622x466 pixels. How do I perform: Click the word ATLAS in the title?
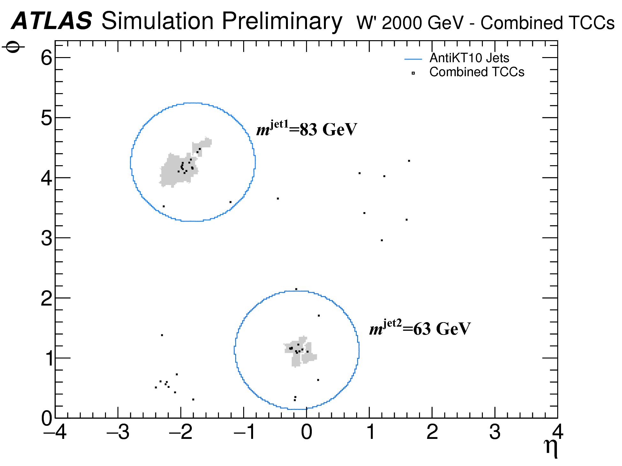(52, 21)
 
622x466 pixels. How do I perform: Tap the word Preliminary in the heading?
(282, 22)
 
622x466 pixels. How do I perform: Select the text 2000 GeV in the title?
(423, 23)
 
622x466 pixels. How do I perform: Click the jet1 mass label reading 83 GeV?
(307, 129)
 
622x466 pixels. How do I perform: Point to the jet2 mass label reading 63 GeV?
(420, 329)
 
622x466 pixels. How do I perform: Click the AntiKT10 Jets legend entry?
(469, 58)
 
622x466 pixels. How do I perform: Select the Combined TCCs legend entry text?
(477, 72)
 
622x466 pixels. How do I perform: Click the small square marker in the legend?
(413, 73)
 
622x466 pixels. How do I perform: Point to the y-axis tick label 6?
(47, 58)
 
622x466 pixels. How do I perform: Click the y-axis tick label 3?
(47, 238)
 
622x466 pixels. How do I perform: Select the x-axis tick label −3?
(118, 432)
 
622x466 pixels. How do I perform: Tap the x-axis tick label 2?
(432, 432)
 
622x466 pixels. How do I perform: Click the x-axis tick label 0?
(306, 432)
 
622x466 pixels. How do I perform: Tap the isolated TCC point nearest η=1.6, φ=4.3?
(409, 161)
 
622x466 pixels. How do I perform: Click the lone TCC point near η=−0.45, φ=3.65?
(278, 198)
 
